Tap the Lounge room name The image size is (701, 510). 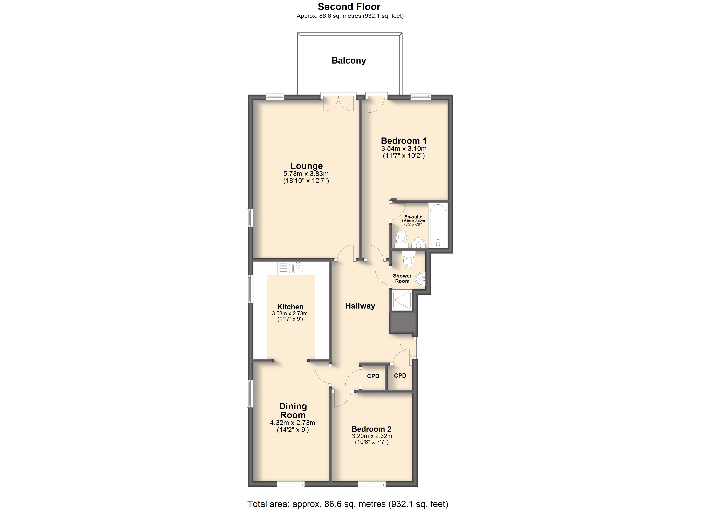(306, 166)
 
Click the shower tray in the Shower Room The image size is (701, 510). (402, 300)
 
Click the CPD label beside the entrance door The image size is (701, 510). (400, 375)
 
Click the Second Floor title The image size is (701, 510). (349, 7)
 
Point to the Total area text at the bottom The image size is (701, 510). (348, 504)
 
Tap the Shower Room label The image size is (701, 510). (402, 278)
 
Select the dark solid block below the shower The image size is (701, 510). (403, 323)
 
